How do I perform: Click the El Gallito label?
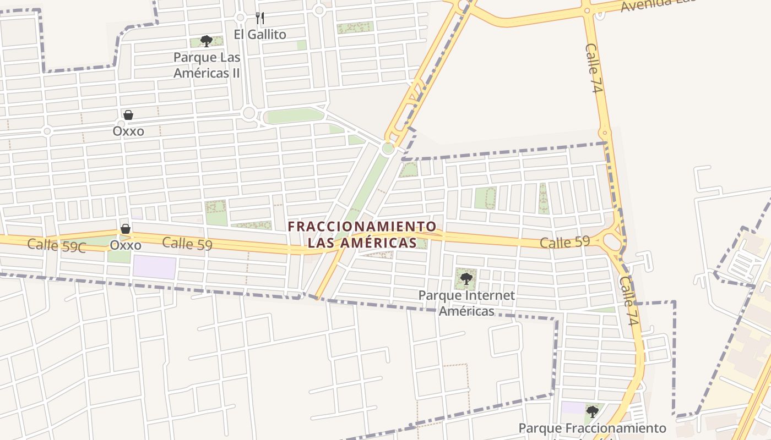tap(260, 35)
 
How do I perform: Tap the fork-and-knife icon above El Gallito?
tap(260, 18)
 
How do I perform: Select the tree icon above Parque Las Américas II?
tap(207, 41)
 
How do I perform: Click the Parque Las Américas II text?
tap(207, 65)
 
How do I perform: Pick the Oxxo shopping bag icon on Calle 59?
tap(126, 229)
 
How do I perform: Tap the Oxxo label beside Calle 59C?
tap(126, 245)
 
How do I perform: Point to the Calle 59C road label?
tap(57, 245)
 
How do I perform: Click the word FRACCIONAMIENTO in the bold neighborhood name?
tap(362, 226)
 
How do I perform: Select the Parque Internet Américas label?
tap(466, 303)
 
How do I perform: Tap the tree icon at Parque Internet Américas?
tap(466, 278)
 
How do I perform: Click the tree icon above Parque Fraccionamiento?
tap(593, 411)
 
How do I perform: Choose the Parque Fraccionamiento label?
tap(593, 428)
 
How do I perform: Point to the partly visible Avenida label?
tap(658, 4)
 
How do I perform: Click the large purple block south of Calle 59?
tap(154, 267)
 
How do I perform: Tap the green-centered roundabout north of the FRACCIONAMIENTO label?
tap(388, 148)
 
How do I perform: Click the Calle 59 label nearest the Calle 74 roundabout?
tap(564, 241)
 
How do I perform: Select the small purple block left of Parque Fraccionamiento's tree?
tap(573, 408)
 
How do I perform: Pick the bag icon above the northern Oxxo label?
tap(128, 115)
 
